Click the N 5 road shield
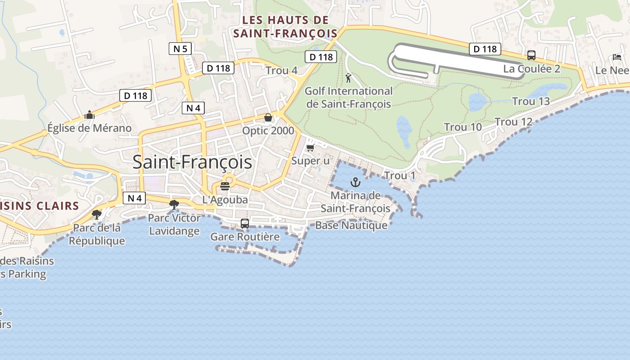pos(180,49)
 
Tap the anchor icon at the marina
pos(356,182)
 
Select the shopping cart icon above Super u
pos(310,148)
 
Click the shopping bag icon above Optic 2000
pos(268,117)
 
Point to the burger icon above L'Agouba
pos(225,186)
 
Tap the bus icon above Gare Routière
pos(245,223)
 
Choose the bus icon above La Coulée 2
pos(531,55)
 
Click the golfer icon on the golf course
pos(348,78)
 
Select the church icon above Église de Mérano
pos(90,115)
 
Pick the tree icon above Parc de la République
pos(96,214)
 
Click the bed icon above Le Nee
pos(617,57)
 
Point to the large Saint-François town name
pos(192,162)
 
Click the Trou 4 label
pos(281,71)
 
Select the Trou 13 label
pos(531,101)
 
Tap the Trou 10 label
pos(463,127)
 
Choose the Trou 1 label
pos(400,175)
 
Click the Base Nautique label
pos(351,225)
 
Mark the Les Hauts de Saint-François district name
pos(285,27)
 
